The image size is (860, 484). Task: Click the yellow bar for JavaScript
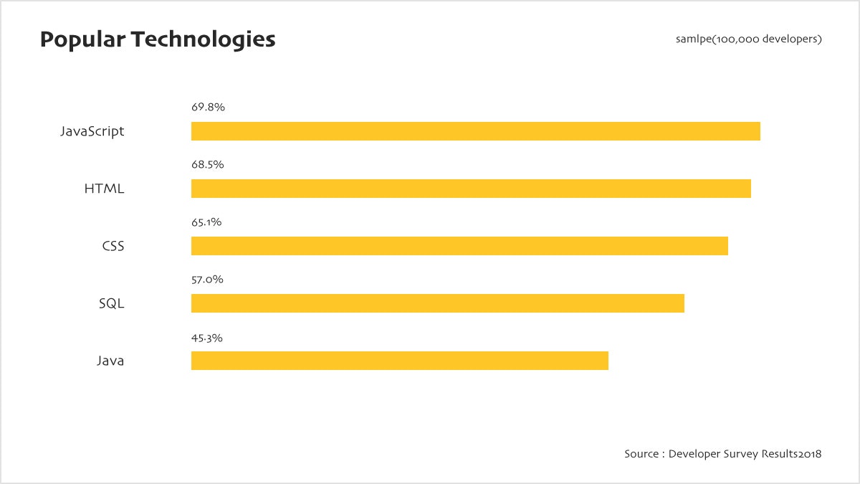[475, 131]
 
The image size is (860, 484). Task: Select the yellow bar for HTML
[471, 189]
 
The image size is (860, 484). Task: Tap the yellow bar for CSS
[459, 246]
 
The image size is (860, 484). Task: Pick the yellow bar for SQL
[438, 303]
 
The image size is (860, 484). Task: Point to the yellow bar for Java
[400, 361]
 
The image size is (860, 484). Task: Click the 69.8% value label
[208, 108]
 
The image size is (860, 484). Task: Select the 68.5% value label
[208, 165]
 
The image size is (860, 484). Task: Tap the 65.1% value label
[206, 222]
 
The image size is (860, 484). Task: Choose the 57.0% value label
[207, 280]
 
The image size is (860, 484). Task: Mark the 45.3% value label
[207, 338]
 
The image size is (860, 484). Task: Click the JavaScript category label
[92, 132]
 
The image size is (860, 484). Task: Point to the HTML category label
[104, 189]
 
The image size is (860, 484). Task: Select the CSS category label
[113, 247]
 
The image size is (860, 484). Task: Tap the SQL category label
[111, 304]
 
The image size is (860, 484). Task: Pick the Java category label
[110, 361]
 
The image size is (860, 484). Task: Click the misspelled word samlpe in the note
[693, 39]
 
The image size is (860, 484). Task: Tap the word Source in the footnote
[641, 454]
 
